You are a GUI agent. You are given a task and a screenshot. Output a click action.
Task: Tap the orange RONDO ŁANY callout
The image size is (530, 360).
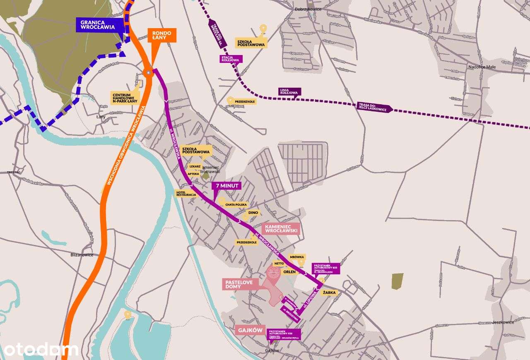tap(162, 35)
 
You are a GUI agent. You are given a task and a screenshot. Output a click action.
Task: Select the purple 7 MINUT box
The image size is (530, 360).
tap(226, 186)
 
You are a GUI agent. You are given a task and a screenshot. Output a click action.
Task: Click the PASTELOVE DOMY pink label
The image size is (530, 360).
tap(240, 284)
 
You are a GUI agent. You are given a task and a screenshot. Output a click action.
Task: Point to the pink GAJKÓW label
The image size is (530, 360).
tap(250, 330)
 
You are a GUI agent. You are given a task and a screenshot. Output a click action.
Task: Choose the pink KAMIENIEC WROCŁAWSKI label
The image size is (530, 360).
tap(280, 228)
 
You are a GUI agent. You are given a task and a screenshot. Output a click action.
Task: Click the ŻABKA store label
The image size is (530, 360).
tap(331, 293)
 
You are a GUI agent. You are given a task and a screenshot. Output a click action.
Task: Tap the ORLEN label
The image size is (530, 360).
tap(289, 272)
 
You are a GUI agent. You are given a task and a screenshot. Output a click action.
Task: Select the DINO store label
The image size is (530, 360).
tap(253, 213)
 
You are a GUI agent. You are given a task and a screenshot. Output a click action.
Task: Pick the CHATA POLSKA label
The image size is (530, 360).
tap(236, 204)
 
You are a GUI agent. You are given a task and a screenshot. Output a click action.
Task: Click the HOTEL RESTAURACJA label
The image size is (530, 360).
tap(186, 193)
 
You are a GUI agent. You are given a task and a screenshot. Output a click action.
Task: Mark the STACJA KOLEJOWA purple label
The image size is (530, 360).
tap(230, 58)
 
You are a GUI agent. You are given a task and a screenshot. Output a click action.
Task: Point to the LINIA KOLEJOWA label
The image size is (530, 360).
tap(289, 92)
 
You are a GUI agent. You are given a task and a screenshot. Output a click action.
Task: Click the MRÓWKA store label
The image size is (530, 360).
tap(297, 257)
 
